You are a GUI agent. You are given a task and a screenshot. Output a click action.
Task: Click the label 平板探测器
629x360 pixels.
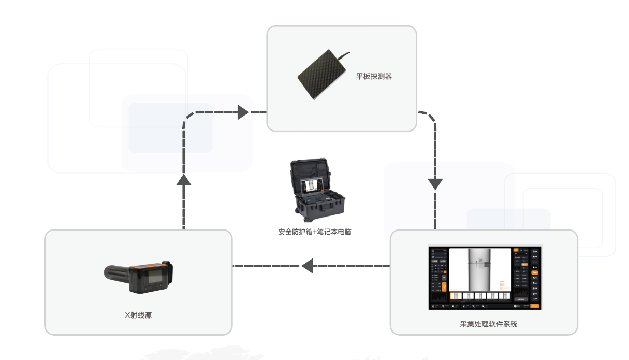[x=374, y=77]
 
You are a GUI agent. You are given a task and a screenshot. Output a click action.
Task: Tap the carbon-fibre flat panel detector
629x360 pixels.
[x=321, y=76]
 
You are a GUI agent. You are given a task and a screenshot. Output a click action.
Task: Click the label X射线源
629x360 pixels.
[x=138, y=315]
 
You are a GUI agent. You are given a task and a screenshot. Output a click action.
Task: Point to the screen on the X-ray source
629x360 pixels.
[x=155, y=278]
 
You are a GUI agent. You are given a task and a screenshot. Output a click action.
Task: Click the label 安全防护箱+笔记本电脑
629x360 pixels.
[x=315, y=232]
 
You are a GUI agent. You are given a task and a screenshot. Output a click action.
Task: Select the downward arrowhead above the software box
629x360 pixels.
[x=435, y=183]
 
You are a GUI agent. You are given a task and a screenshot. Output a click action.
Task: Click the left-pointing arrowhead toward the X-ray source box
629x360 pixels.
[x=308, y=266]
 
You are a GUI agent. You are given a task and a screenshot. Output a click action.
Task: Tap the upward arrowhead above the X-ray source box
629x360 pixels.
[x=184, y=179]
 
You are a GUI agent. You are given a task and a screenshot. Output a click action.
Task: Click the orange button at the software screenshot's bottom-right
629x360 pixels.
[x=535, y=306]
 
